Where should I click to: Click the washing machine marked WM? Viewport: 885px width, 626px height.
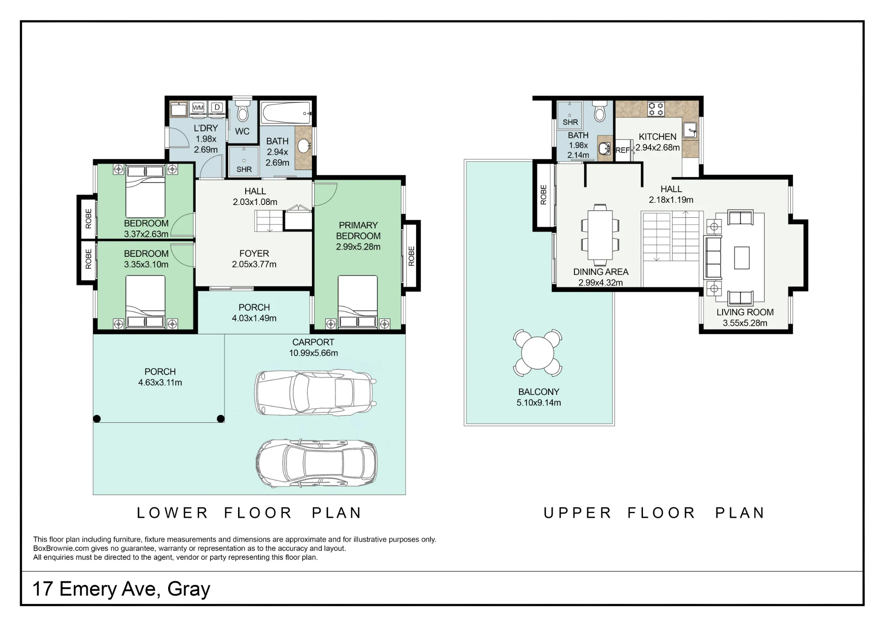point(198,108)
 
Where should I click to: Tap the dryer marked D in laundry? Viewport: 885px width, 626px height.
point(217,108)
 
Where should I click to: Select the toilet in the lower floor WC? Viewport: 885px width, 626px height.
point(242,111)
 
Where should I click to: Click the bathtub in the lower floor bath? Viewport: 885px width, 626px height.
point(286,113)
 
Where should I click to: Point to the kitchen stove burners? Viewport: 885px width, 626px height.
point(656,109)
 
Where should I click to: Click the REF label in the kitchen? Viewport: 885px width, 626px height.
point(622,151)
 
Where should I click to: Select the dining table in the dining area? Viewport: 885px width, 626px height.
point(600,235)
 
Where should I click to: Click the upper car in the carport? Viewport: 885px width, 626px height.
point(315,393)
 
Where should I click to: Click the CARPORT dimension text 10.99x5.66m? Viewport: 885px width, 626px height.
point(313,353)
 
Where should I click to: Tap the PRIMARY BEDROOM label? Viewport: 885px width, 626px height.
point(358,231)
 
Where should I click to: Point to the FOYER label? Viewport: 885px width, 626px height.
point(254,254)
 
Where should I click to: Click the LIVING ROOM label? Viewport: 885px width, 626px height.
point(745,312)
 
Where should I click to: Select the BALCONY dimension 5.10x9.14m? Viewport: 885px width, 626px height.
point(539,403)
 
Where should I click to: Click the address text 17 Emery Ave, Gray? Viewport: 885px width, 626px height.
point(121,589)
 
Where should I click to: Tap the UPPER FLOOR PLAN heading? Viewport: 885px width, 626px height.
point(654,513)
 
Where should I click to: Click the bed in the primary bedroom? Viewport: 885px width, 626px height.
point(358,302)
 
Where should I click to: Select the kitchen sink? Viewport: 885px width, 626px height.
point(690,130)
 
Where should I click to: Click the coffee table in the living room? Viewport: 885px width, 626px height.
point(742,258)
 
